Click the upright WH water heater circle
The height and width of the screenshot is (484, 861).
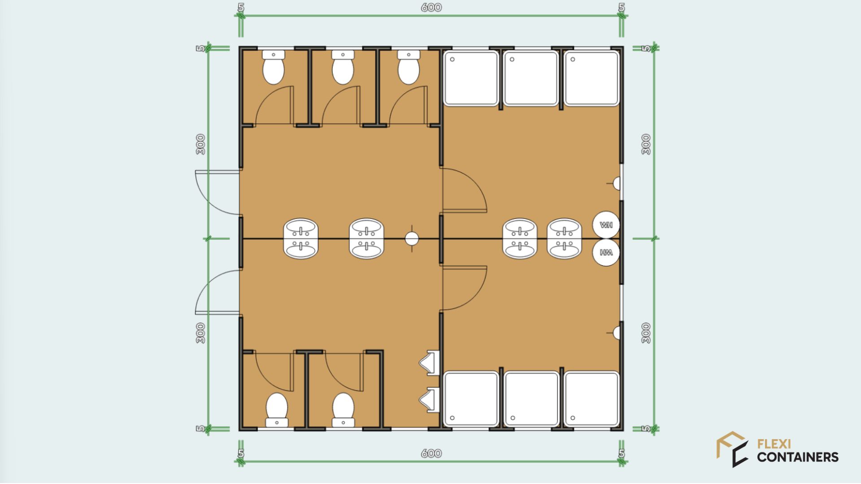(606, 225)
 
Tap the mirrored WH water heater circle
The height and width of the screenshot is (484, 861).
(606, 252)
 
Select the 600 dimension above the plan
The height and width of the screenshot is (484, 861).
(431, 8)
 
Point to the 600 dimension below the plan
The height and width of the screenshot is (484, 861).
(431, 454)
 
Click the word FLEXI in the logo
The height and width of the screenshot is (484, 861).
(774, 444)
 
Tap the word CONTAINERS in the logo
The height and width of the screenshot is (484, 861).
(798, 457)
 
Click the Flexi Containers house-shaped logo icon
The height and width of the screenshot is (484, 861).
(732, 449)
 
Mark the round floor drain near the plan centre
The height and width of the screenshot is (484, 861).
(412, 238)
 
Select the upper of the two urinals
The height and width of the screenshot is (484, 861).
(429, 362)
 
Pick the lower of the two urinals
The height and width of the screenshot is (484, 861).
(429, 399)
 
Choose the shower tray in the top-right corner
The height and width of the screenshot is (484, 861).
(591, 78)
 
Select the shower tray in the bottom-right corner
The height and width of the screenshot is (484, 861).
(591, 398)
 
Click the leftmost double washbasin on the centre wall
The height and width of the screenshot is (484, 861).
(301, 238)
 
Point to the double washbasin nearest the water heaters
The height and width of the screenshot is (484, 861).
(564, 238)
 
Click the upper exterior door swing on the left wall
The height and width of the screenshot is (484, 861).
(218, 192)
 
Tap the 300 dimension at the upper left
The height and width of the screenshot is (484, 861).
(200, 144)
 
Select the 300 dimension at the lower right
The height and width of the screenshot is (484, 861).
(646, 333)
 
